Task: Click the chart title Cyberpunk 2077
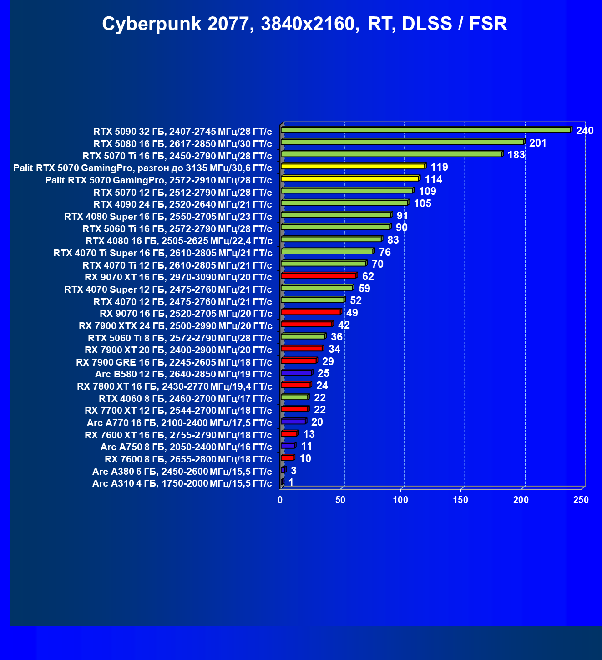click(304, 24)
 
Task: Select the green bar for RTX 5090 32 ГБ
click(425, 130)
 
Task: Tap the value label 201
click(537, 143)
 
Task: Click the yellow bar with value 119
click(353, 167)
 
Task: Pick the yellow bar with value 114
click(349, 178)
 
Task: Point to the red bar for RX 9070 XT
click(319, 276)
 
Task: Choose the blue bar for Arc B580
click(296, 373)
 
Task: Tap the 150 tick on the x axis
click(460, 500)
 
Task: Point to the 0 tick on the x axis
click(280, 500)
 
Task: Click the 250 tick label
click(581, 500)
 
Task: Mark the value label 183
click(516, 155)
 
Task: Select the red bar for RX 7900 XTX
click(307, 324)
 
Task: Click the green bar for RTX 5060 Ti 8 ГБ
click(303, 336)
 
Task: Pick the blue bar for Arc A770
click(293, 421)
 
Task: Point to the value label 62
click(368, 276)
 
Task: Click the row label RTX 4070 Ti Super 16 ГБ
click(163, 253)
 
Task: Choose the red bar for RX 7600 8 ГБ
click(287, 458)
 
